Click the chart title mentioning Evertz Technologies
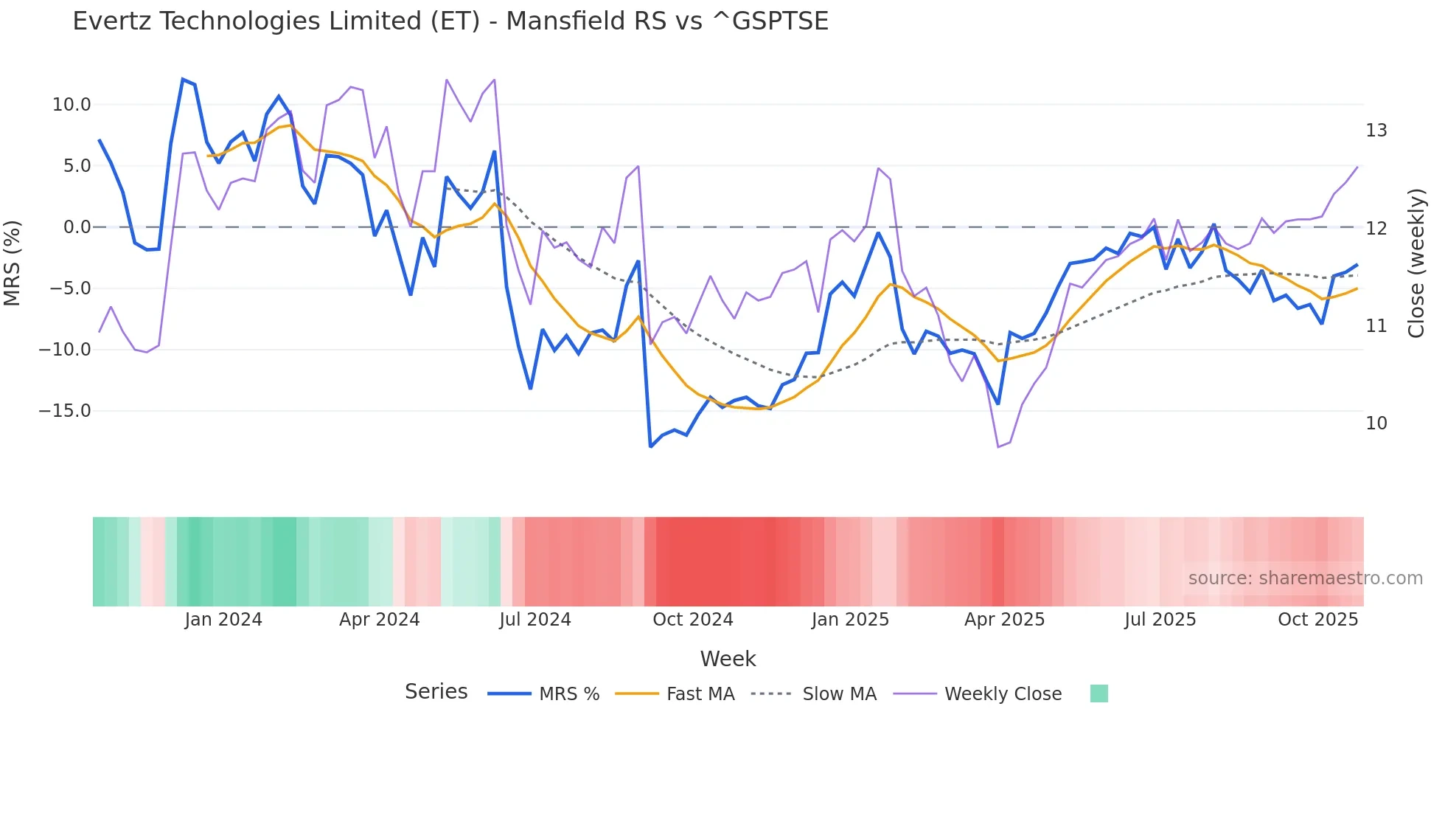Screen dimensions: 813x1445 [x=450, y=21]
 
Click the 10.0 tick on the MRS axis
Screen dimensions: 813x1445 [x=72, y=105]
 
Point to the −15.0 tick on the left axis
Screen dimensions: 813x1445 [x=65, y=411]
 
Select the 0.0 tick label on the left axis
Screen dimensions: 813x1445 [x=77, y=227]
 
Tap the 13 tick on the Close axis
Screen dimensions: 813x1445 [x=1376, y=131]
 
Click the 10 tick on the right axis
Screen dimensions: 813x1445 [x=1376, y=423]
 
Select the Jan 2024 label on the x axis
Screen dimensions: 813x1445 [x=223, y=620]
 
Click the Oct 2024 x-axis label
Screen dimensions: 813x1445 [x=693, y=620]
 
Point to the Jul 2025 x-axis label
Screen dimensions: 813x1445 [x=1160, y=620]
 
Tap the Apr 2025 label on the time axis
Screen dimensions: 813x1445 [x=1004, y=620]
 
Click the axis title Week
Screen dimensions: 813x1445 [x=728, y=659]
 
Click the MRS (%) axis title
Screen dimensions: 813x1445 [x=13, y=263]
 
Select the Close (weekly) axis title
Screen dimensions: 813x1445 [x=1416, y=263]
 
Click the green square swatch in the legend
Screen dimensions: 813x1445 [x=1098, y=693]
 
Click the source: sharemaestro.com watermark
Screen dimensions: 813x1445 [x=1305, y=578]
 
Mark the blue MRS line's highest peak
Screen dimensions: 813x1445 [x=183, y=80]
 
